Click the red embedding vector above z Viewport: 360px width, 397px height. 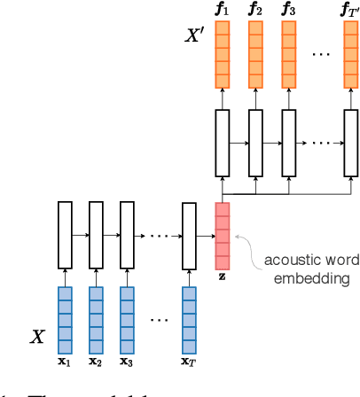tap(222, 235)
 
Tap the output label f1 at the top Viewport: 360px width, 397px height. tap(222, 10)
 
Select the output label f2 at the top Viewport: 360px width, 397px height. tap(255, 10)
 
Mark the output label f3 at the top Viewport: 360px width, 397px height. tap(288, 10)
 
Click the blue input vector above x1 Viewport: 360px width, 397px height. tap(64, 320)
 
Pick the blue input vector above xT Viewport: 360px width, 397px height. tap(188, 320)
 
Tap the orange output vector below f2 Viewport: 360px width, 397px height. tap(255, 53)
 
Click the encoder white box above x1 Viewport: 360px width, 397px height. tap(64, 235)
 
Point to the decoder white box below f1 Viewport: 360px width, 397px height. tap(222, 141)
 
